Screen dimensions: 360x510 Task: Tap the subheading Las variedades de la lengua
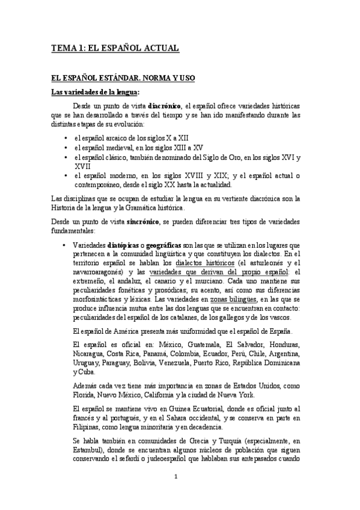tap(94, 92)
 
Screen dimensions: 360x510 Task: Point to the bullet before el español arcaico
tap(65, 138)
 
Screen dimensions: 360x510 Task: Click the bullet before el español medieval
tap(65, 147)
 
